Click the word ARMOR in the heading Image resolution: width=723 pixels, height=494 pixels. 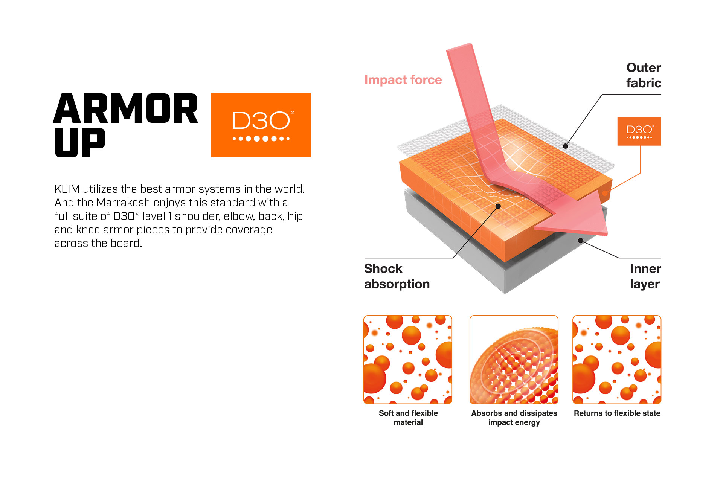click(125, 108)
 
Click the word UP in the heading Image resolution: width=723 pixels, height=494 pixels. click(80, 142)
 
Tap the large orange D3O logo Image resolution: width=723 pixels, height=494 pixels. click(261, 125)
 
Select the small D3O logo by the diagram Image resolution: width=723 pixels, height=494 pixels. click(639, 131)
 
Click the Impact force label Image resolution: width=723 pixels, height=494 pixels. click(403, 80)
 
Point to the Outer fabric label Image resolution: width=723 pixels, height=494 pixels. click(644, 75)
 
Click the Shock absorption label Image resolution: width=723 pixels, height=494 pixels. click(397, 276)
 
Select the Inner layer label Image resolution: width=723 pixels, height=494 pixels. click(645, 276)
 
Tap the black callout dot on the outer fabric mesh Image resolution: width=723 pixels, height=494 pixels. click(566, 146)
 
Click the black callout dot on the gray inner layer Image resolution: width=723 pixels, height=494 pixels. click(581, 241)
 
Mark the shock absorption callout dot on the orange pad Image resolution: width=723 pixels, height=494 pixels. click(498, 206)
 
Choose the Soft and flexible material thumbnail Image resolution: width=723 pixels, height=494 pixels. click(408, 360)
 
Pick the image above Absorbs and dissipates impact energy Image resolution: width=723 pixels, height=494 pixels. click(514, 360)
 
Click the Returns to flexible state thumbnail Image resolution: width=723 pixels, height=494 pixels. click(617, 360)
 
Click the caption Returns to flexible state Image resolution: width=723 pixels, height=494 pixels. click(617, 413)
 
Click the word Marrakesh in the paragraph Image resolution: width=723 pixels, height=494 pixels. click(123, 203)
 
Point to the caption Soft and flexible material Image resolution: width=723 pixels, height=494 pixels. click(408, 418)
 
